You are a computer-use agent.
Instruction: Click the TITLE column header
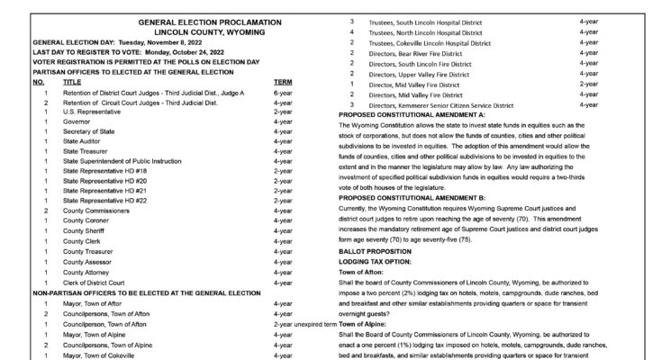(x=72, y=82)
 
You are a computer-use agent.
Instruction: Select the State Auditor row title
(x=84, y=141)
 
